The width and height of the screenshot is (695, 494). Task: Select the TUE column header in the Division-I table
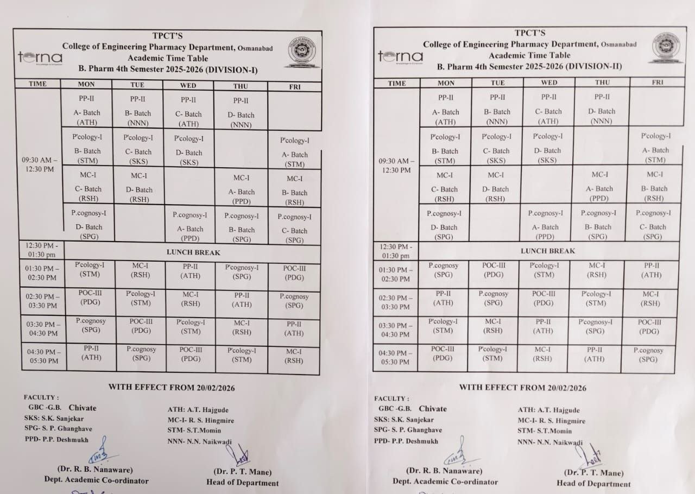[x=137, y=85]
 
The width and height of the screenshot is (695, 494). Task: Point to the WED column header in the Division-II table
[x=549, y=83]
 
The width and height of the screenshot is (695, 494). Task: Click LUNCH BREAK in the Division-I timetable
[x=193, y=252]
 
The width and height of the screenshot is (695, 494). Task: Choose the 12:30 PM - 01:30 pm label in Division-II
[x=396, y=251]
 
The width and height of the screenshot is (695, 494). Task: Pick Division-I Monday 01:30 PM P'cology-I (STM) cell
[x=90, y=269]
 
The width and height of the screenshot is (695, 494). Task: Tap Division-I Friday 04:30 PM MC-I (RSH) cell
[x=294, y=356]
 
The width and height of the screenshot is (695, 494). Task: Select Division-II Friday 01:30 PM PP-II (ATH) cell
[x=651, y=270]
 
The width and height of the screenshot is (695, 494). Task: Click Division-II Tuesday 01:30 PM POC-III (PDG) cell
[x=494, y=270]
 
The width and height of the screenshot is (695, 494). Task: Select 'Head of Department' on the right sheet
[x=593, y=484]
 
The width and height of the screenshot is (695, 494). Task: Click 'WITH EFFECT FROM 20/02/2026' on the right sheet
[x=522, y=388]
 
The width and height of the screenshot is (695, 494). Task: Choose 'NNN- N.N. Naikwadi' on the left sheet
[x=199, y=441]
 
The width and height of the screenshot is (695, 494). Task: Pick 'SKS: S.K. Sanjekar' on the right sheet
[x=403, y=420]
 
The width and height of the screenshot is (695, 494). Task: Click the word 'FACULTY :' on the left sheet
[x=41, y=397]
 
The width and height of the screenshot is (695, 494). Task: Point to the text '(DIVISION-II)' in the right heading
[x=593, y=67]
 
